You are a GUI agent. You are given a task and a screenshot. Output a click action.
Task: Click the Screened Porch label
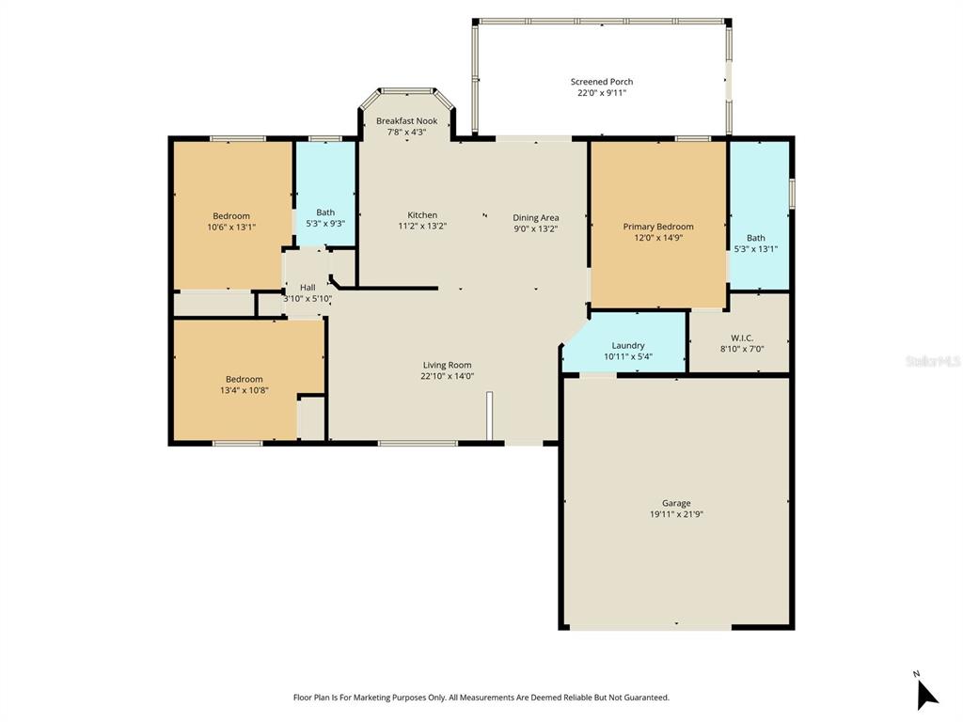pos(602,82)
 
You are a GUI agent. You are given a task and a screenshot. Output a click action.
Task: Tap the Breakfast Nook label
pos(406,121)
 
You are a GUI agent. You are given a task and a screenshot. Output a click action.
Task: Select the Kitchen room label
pos(422,215)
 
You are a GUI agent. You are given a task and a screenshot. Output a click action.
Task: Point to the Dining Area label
pos(536,218)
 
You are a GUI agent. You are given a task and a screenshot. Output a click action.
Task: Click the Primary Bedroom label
pos(658,227)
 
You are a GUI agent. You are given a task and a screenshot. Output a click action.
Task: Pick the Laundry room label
pos(628,346)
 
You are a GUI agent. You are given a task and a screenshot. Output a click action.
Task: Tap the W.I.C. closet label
pos(742,338)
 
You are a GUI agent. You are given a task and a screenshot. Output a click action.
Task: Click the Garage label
pos(676,504)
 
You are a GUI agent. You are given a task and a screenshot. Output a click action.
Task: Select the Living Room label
pos(447,365)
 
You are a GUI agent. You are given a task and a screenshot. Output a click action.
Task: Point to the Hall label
pos(308,288)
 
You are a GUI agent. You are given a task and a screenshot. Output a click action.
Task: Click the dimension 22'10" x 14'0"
pos(447,376)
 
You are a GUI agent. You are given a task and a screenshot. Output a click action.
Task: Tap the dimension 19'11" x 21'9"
pos(676,514)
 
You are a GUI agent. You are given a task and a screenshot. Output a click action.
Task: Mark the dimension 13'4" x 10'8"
pos(245,390)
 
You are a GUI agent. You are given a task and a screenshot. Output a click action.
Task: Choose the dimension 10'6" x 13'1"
pos(231,227)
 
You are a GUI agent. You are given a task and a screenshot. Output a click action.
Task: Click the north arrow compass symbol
pos(926,694)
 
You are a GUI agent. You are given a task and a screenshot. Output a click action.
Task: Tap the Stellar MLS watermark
pos(933,361)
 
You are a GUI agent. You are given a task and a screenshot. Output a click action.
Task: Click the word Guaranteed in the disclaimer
pos(645,698)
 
